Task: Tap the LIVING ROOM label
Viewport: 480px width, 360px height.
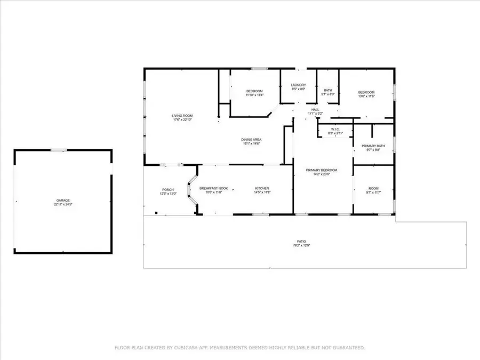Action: [x=182, y=116]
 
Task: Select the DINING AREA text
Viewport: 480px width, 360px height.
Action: [x=251, y=140]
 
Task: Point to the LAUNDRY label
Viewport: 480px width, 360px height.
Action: [x=298, y=85]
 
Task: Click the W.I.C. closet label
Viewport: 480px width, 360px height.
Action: [x=335, y=129]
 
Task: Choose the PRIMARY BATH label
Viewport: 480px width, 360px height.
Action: [x=373, y=146]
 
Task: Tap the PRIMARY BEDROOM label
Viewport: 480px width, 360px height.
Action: [x=322, y=170]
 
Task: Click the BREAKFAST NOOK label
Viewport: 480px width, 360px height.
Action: [x=214, y=188]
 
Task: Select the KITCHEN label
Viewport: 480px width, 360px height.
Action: [x=262, y=188]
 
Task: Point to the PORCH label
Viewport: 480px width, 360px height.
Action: [x=168, y=190]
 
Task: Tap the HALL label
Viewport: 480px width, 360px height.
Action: [x=315, y=109]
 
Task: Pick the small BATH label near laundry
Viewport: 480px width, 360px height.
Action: [x=328, y=90]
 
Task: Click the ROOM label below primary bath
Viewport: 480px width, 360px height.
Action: [x=373, y=188]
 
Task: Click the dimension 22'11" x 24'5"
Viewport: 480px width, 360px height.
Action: [x=62, y=204]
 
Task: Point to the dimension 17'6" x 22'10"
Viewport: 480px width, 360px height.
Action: [x=182, y=120]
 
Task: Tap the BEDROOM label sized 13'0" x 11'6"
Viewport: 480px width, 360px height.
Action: [x=366, y=92]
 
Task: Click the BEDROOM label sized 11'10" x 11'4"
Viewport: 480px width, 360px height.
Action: [x=254, y=91]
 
